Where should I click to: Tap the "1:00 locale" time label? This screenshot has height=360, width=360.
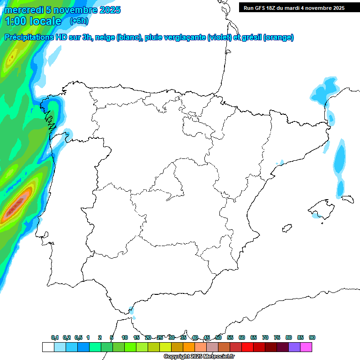[33, 21]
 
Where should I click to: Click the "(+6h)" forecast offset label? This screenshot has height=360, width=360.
[79, 21]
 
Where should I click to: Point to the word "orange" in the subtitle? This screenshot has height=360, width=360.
[278, 37]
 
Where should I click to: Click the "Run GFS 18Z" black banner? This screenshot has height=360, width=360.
[294, 7]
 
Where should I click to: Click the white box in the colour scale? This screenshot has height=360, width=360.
[47, 347]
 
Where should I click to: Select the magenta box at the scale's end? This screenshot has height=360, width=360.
[306, 347]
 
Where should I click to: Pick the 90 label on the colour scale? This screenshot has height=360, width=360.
[312, 337]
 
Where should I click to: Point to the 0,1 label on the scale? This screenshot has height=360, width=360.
[55, 337]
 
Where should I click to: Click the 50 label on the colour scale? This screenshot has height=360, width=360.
[218, 337]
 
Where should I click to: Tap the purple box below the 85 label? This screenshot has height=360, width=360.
[294, 347]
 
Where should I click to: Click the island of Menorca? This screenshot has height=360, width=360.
[347, 199]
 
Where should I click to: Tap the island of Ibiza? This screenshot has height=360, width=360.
[286, 228]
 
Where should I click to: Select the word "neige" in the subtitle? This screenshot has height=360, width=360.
[105, 37]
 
